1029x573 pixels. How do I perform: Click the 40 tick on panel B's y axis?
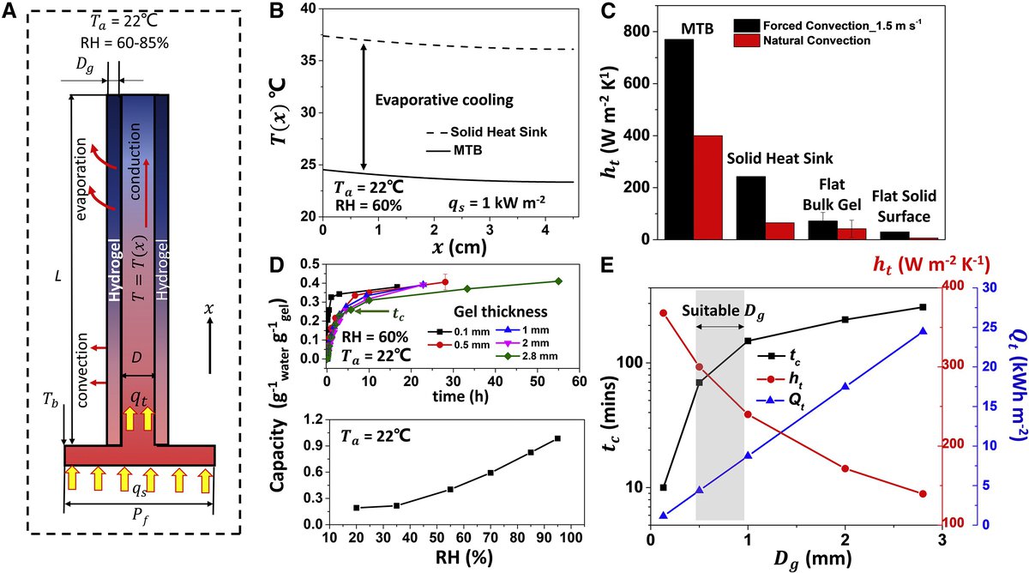[x=307, y=9]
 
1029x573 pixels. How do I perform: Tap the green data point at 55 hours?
[x=558, y=281]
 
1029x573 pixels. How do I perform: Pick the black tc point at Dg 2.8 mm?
[x=922, y=307]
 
